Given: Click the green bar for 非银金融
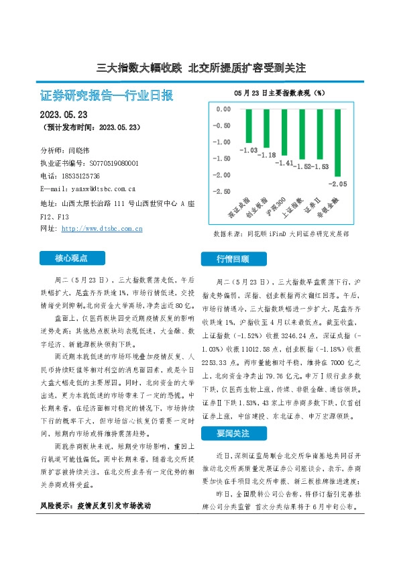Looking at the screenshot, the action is (x=337, y=142).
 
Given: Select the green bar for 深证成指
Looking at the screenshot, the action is (x=251, y=125).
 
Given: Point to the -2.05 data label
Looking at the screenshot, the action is (x=337, y=183).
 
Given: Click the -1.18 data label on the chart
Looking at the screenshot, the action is (x=268, y=155).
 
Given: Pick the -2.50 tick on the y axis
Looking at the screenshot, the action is (x=222, y=191).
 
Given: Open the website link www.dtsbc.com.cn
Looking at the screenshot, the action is (x=101, y=228).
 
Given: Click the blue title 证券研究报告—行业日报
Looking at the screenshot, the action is (x=107, y=95).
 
